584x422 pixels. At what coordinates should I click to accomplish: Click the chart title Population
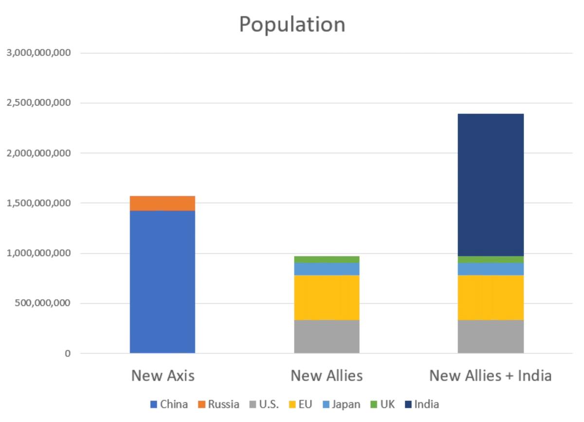292,24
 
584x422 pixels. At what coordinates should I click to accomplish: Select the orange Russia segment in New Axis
163,203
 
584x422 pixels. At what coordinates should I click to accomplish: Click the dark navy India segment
491,185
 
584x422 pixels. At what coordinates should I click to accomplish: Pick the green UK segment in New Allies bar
327,259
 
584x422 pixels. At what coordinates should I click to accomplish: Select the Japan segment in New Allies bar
327,269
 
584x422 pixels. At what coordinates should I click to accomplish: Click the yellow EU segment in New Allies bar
327,297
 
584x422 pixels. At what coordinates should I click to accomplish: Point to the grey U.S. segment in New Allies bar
327,336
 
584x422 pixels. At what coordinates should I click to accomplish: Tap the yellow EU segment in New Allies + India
491,297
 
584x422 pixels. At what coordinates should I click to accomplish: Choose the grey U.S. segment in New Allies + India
491,336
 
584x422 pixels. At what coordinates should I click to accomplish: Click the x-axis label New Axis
163,376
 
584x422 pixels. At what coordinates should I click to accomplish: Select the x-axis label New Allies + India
491,376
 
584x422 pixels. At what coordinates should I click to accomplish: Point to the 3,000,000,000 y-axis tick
38,53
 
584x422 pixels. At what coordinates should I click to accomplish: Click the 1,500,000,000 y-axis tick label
38,203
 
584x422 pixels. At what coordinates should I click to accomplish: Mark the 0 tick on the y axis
68,353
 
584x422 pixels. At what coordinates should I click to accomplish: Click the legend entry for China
169,404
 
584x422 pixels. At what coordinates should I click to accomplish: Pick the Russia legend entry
219,404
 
